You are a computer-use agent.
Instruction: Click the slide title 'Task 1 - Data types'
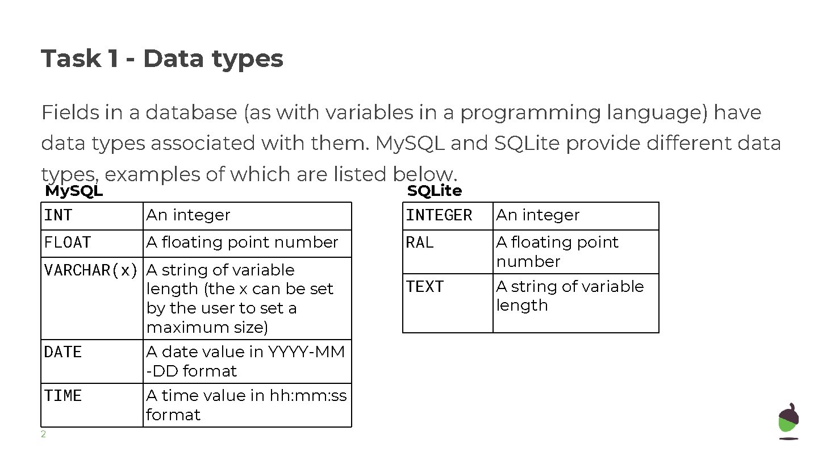[x=162, y=58]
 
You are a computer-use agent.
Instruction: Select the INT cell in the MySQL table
[x=59, y=215]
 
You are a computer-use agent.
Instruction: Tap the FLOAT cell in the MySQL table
[x=68, y=242]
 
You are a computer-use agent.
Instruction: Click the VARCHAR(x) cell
[x=91, y=270]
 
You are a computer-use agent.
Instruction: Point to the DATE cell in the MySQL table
[x=63, y=352]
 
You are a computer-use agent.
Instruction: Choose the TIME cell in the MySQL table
[x=63, y=396]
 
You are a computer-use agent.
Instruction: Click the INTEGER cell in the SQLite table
[x=439, y=215]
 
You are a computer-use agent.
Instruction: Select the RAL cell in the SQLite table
[x=420, y=242]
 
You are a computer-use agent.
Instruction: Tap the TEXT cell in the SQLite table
[x=425, y=287]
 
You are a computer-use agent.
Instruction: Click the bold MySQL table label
[x=74, y=191]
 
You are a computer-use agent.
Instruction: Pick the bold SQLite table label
[x=435, y=191]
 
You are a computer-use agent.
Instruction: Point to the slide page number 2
[x=43, y=435]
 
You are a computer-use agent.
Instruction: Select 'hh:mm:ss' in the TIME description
[x=318, y=396]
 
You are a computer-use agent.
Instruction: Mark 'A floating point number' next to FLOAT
[x=243, y=242]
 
